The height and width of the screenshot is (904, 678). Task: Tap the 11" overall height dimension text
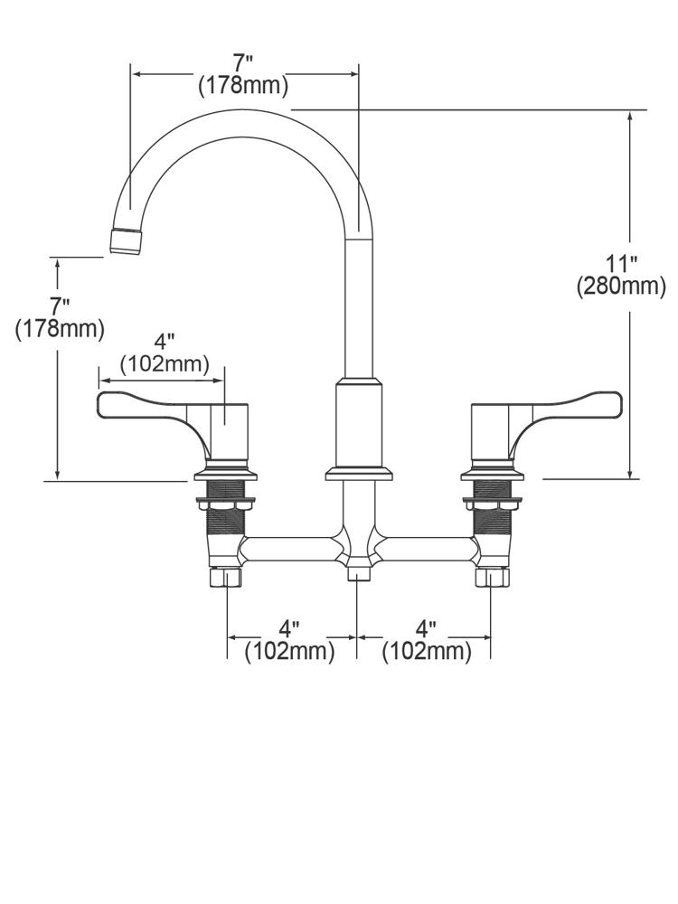point(621,264)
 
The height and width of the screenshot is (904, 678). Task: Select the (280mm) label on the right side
point(621,287)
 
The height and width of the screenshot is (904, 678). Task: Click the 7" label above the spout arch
point(242,64)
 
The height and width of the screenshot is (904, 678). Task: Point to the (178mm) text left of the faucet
point(60,329)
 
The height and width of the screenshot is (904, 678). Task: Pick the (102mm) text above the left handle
point(165,364)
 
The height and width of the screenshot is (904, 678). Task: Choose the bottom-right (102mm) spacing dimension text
point(427,651)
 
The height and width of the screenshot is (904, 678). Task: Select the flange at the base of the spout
point(359,474)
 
